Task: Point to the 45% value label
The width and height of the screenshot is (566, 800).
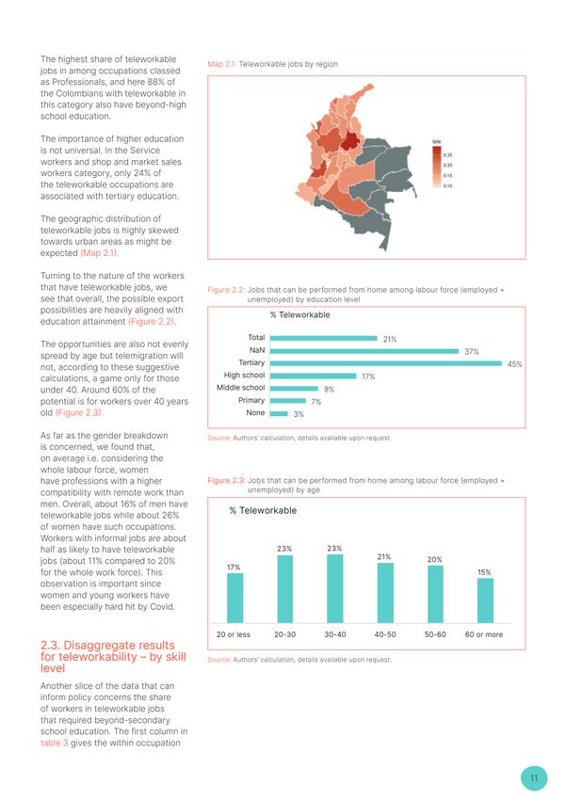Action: click(x=514, y=364)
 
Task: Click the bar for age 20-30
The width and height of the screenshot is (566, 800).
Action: click(x=284, y=588)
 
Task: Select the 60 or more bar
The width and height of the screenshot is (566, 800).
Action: click(x=485, y=600)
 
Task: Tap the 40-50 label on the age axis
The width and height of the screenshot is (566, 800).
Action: click(x=384, y=634)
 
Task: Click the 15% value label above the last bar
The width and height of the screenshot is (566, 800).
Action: click(x=484, y=572)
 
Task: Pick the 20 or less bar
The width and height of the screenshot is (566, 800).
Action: click(x=234, y=598)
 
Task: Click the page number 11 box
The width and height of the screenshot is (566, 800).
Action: click(x=534, y=778)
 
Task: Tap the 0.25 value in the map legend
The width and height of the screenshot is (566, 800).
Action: click(x=448, y=155)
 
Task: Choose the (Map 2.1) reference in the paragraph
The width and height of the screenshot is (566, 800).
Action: click(x=99, y=253)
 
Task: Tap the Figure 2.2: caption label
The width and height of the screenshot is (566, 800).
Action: click(x=225, y=290)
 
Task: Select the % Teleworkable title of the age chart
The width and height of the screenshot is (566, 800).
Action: click(x=263, y=511)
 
